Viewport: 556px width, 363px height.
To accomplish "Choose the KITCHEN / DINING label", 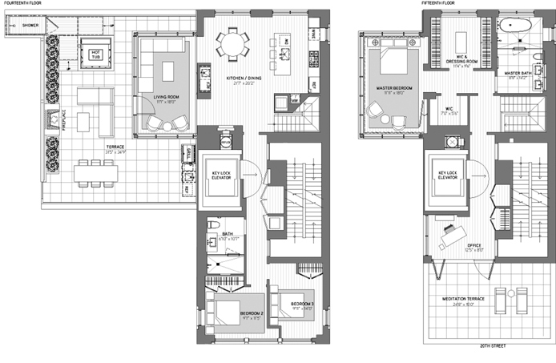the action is coord(242,79).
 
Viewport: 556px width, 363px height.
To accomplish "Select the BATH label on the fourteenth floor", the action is coord(228,234).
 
